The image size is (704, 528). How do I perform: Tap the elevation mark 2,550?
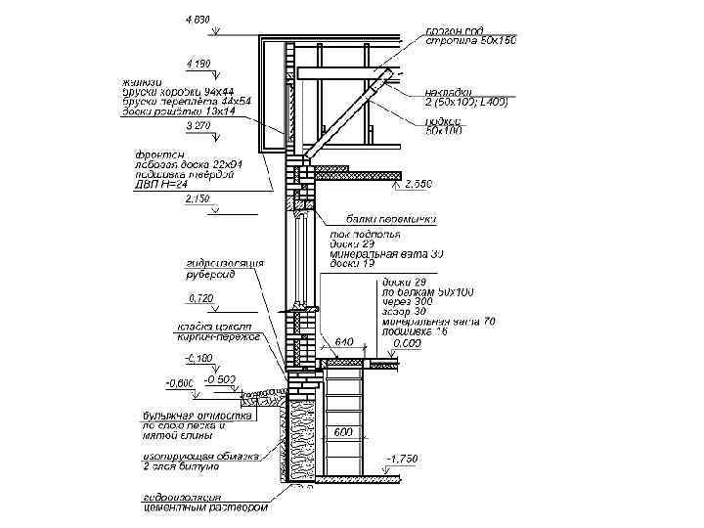pyautogui.click(x=418, y=184)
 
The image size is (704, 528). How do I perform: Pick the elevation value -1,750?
pyautogui.click(x=403, y=458)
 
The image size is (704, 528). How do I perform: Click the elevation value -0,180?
pyautogui.click(x=200, y=358)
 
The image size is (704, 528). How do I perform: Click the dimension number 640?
pyautogui.click(x=344, y=342)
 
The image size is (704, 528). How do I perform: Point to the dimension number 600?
pyautogui.click(x=343, y=431)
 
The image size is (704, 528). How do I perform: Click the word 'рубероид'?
pyautogui.click(x=211, y=275)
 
